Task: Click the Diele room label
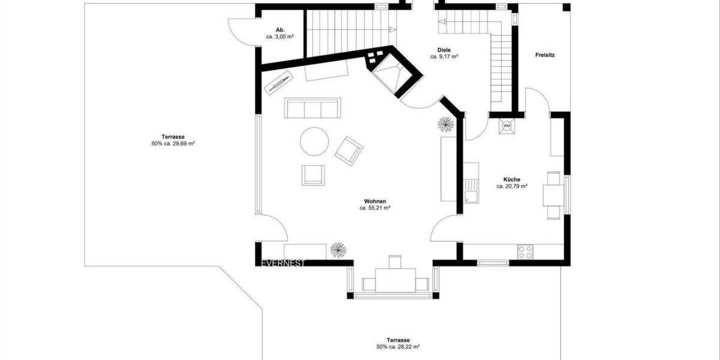tap(444, 50)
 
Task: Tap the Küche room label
tap(512, 179)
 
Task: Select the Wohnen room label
tap(375, 201)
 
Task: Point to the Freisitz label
tap(545, 55)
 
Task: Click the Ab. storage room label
tap(280, 30)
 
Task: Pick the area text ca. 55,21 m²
tap(375, 208)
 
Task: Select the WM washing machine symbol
tap(506, 126)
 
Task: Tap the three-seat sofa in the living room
tap(311, 108)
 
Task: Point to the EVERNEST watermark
tap(283, 263)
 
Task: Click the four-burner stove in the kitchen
tap(526, 251)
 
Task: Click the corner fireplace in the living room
tap(392, 73)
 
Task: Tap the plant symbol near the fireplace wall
tap(445, 124)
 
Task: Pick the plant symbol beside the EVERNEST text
tap(338, 250)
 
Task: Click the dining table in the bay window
tap(395, 278)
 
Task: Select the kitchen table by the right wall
tap(553, 196)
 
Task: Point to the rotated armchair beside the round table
tap(349, 151)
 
